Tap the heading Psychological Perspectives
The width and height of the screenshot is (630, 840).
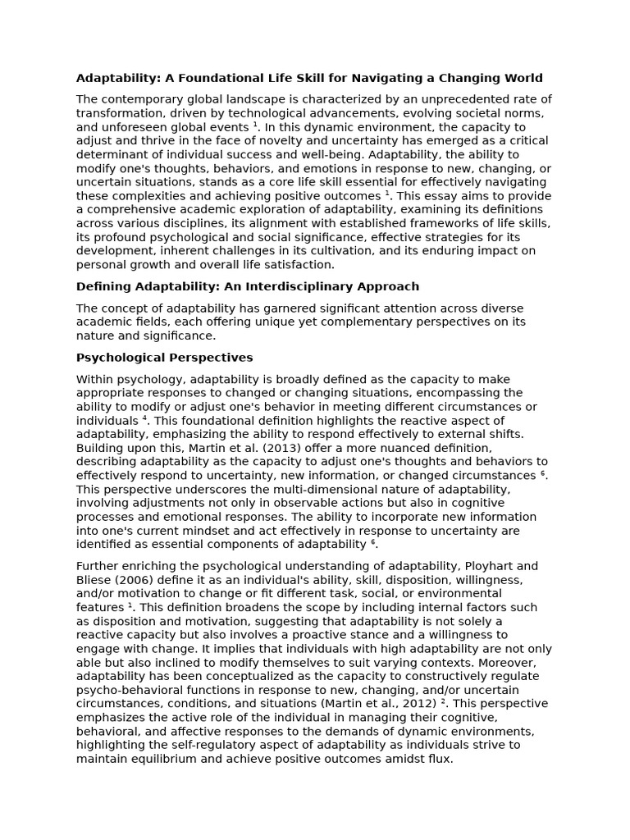point(164,358)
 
